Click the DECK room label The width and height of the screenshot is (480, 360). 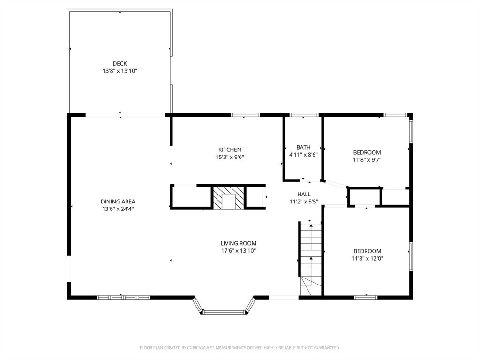click(x=120, y=64)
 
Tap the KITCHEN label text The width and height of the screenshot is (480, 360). click(x=230, y=150)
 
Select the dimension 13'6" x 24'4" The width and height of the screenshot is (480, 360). click(x=118, y=209)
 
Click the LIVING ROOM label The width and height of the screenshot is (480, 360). click(x=239, y=243)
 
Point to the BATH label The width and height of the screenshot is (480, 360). click(x=303, y=147)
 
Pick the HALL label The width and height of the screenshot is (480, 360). click(x=304, y=194)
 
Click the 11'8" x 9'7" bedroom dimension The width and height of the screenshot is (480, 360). click(x=367, y=159)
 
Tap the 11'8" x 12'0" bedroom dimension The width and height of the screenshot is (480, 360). click(x=367, y=258)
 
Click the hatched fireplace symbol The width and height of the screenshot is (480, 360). click(x=229, y=198)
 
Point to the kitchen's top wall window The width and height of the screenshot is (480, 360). click(x=245, y=115)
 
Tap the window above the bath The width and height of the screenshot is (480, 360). click(x=304, y=115)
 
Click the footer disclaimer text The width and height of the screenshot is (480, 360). click(x=240, y=348)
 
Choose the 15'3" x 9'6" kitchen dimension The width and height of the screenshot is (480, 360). click(x=230, y=157)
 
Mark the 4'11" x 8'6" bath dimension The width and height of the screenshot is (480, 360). click(x=303, y=155)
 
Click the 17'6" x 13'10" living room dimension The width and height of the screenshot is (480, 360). click(x=239, y=251)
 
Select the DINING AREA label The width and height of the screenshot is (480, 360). click(x=118, y=202)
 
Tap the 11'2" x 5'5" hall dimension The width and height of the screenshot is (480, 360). click(x=304, y=202)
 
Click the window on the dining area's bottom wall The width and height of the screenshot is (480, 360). click(x=123, y=297)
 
